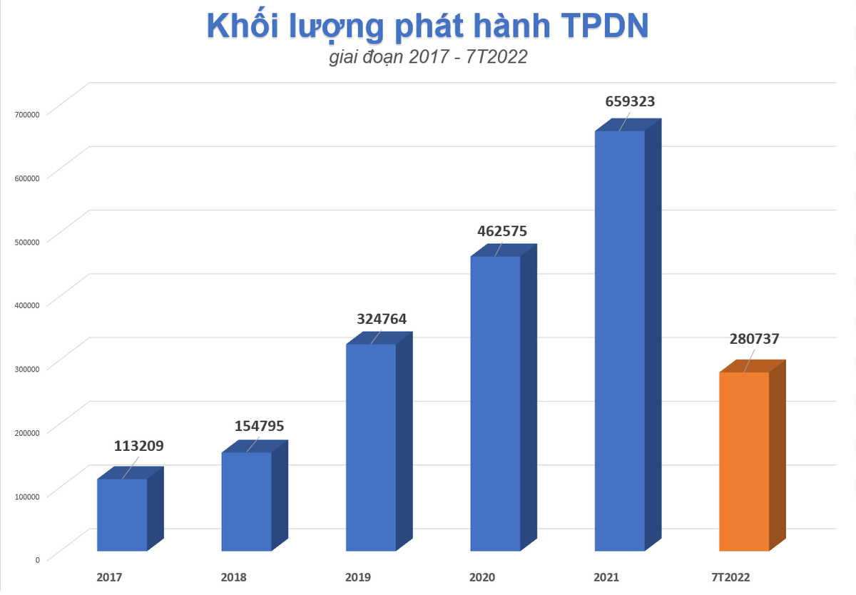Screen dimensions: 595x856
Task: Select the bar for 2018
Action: [247, 501]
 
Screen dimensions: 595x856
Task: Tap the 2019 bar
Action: [371, 447]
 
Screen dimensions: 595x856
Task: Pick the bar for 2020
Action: [496, 403]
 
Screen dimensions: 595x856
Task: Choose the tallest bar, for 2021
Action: [620, 340]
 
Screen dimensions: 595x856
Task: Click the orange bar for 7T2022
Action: [744, 461]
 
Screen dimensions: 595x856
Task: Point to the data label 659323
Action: [630, 102]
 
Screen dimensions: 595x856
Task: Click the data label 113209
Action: [139, 447]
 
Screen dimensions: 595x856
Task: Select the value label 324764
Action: [382, 319]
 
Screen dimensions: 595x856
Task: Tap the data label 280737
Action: [754, 339]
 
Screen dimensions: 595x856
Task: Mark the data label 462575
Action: [506, 231]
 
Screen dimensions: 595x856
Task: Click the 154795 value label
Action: [260, 426]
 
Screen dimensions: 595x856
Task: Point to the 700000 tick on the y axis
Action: [27, 113]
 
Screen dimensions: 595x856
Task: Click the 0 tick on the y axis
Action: [37, 559]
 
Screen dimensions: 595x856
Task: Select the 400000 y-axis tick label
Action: [27, 305]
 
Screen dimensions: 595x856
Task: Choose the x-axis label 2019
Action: [357, 577]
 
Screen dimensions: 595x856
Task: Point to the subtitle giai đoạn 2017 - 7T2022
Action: [428, 58]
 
